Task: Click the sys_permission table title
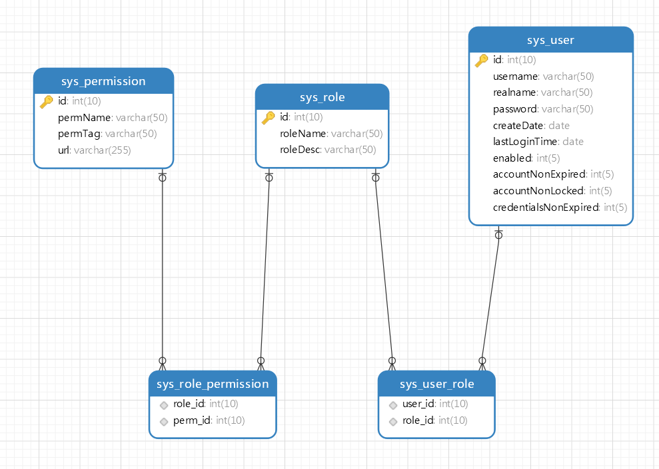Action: point(103,81)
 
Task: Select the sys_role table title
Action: point(323,97)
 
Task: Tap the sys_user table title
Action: point(550,41)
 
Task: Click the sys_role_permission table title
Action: point(213,384)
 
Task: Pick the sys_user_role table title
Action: point(436,384)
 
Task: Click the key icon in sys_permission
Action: point(46,102)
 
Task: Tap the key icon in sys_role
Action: point(268,118)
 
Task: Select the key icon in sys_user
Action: point(482,61)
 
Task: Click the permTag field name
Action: point(79,134)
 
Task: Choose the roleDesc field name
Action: point(300,150)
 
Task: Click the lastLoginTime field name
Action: point(525,142)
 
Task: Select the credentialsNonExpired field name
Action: point(546,208)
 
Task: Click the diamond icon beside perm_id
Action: point(164,422)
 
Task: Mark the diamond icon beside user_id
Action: point(393,405)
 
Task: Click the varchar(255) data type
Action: point(103,150)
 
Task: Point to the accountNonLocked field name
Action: point(538,191)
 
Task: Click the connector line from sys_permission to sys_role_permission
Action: point(162,269)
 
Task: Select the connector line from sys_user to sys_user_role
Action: point(490,298)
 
